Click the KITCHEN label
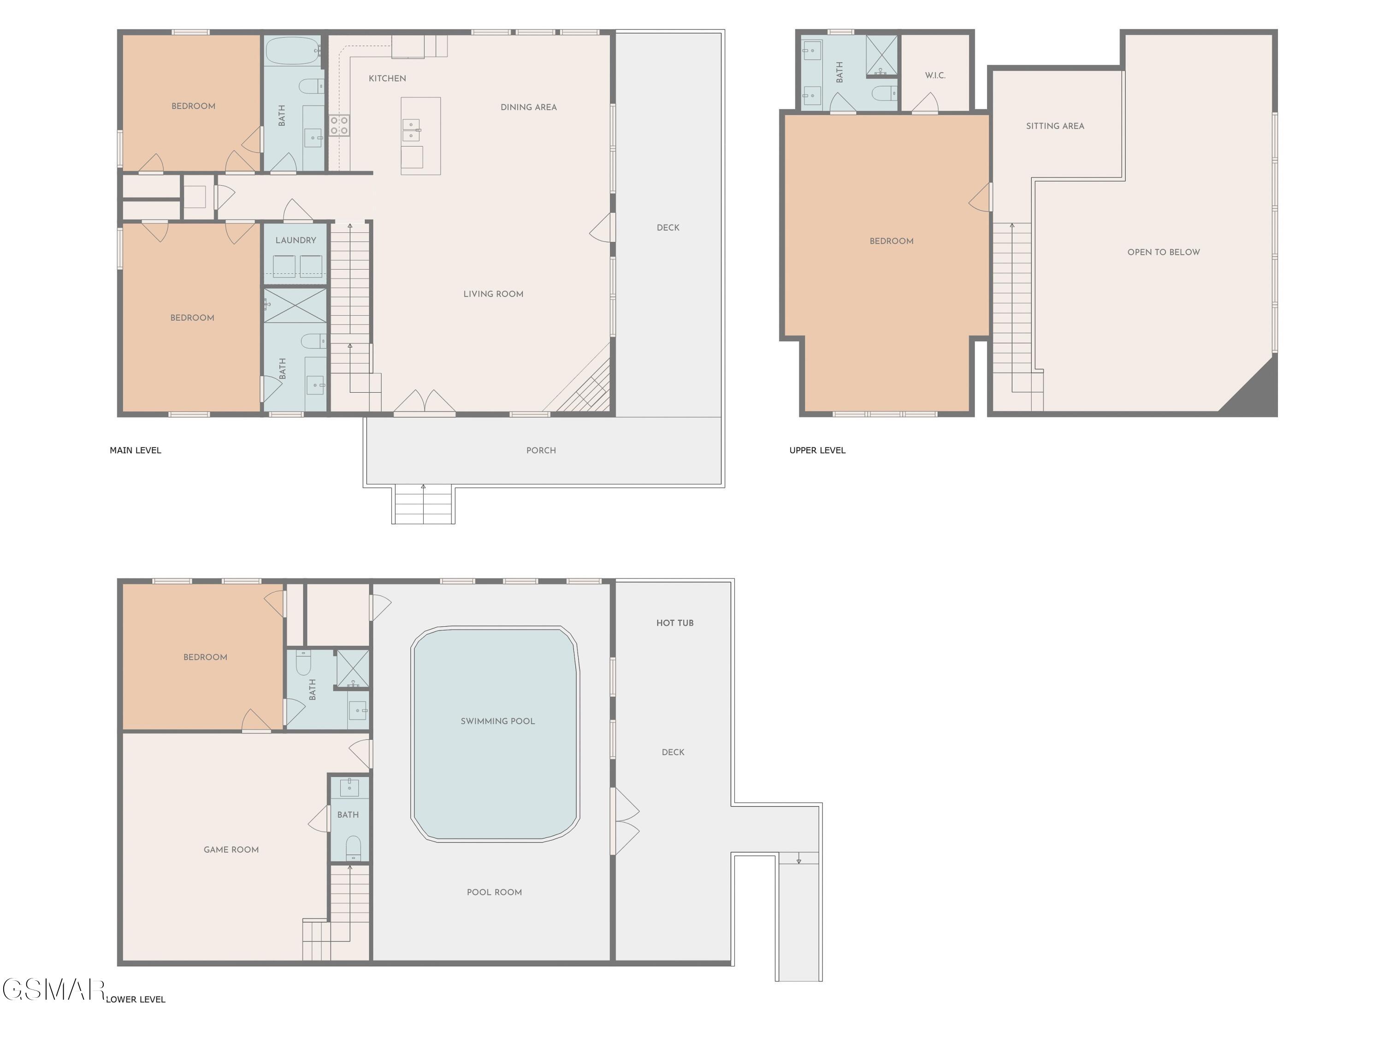pyautogui.click(x=387, y=78)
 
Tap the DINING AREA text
pyautogui.click(x=528, y=107)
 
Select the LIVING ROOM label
pyautogui.click(x=493, y=294)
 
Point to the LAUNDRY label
pyautogui.click(x=296, y=240)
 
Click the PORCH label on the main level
pyautogui.click(x=541, y=450)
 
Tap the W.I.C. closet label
pyautogui.click(x=935, y=76)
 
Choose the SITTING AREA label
pyautogui.click(x=1055, y=126)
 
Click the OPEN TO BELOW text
pyautogui.click(x=1164, y=252)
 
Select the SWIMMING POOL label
pyautogui.click(x=498, y=721)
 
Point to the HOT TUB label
pyautogui.click(x=674, y=623)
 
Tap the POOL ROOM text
pyautogui.click(x=494, y=892)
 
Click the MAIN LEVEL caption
pyautogui.click(x=135, y=450)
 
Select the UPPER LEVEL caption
pyautogui.click(x=817, y=450)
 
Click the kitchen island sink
pyautogui.click(x=411, y=130)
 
